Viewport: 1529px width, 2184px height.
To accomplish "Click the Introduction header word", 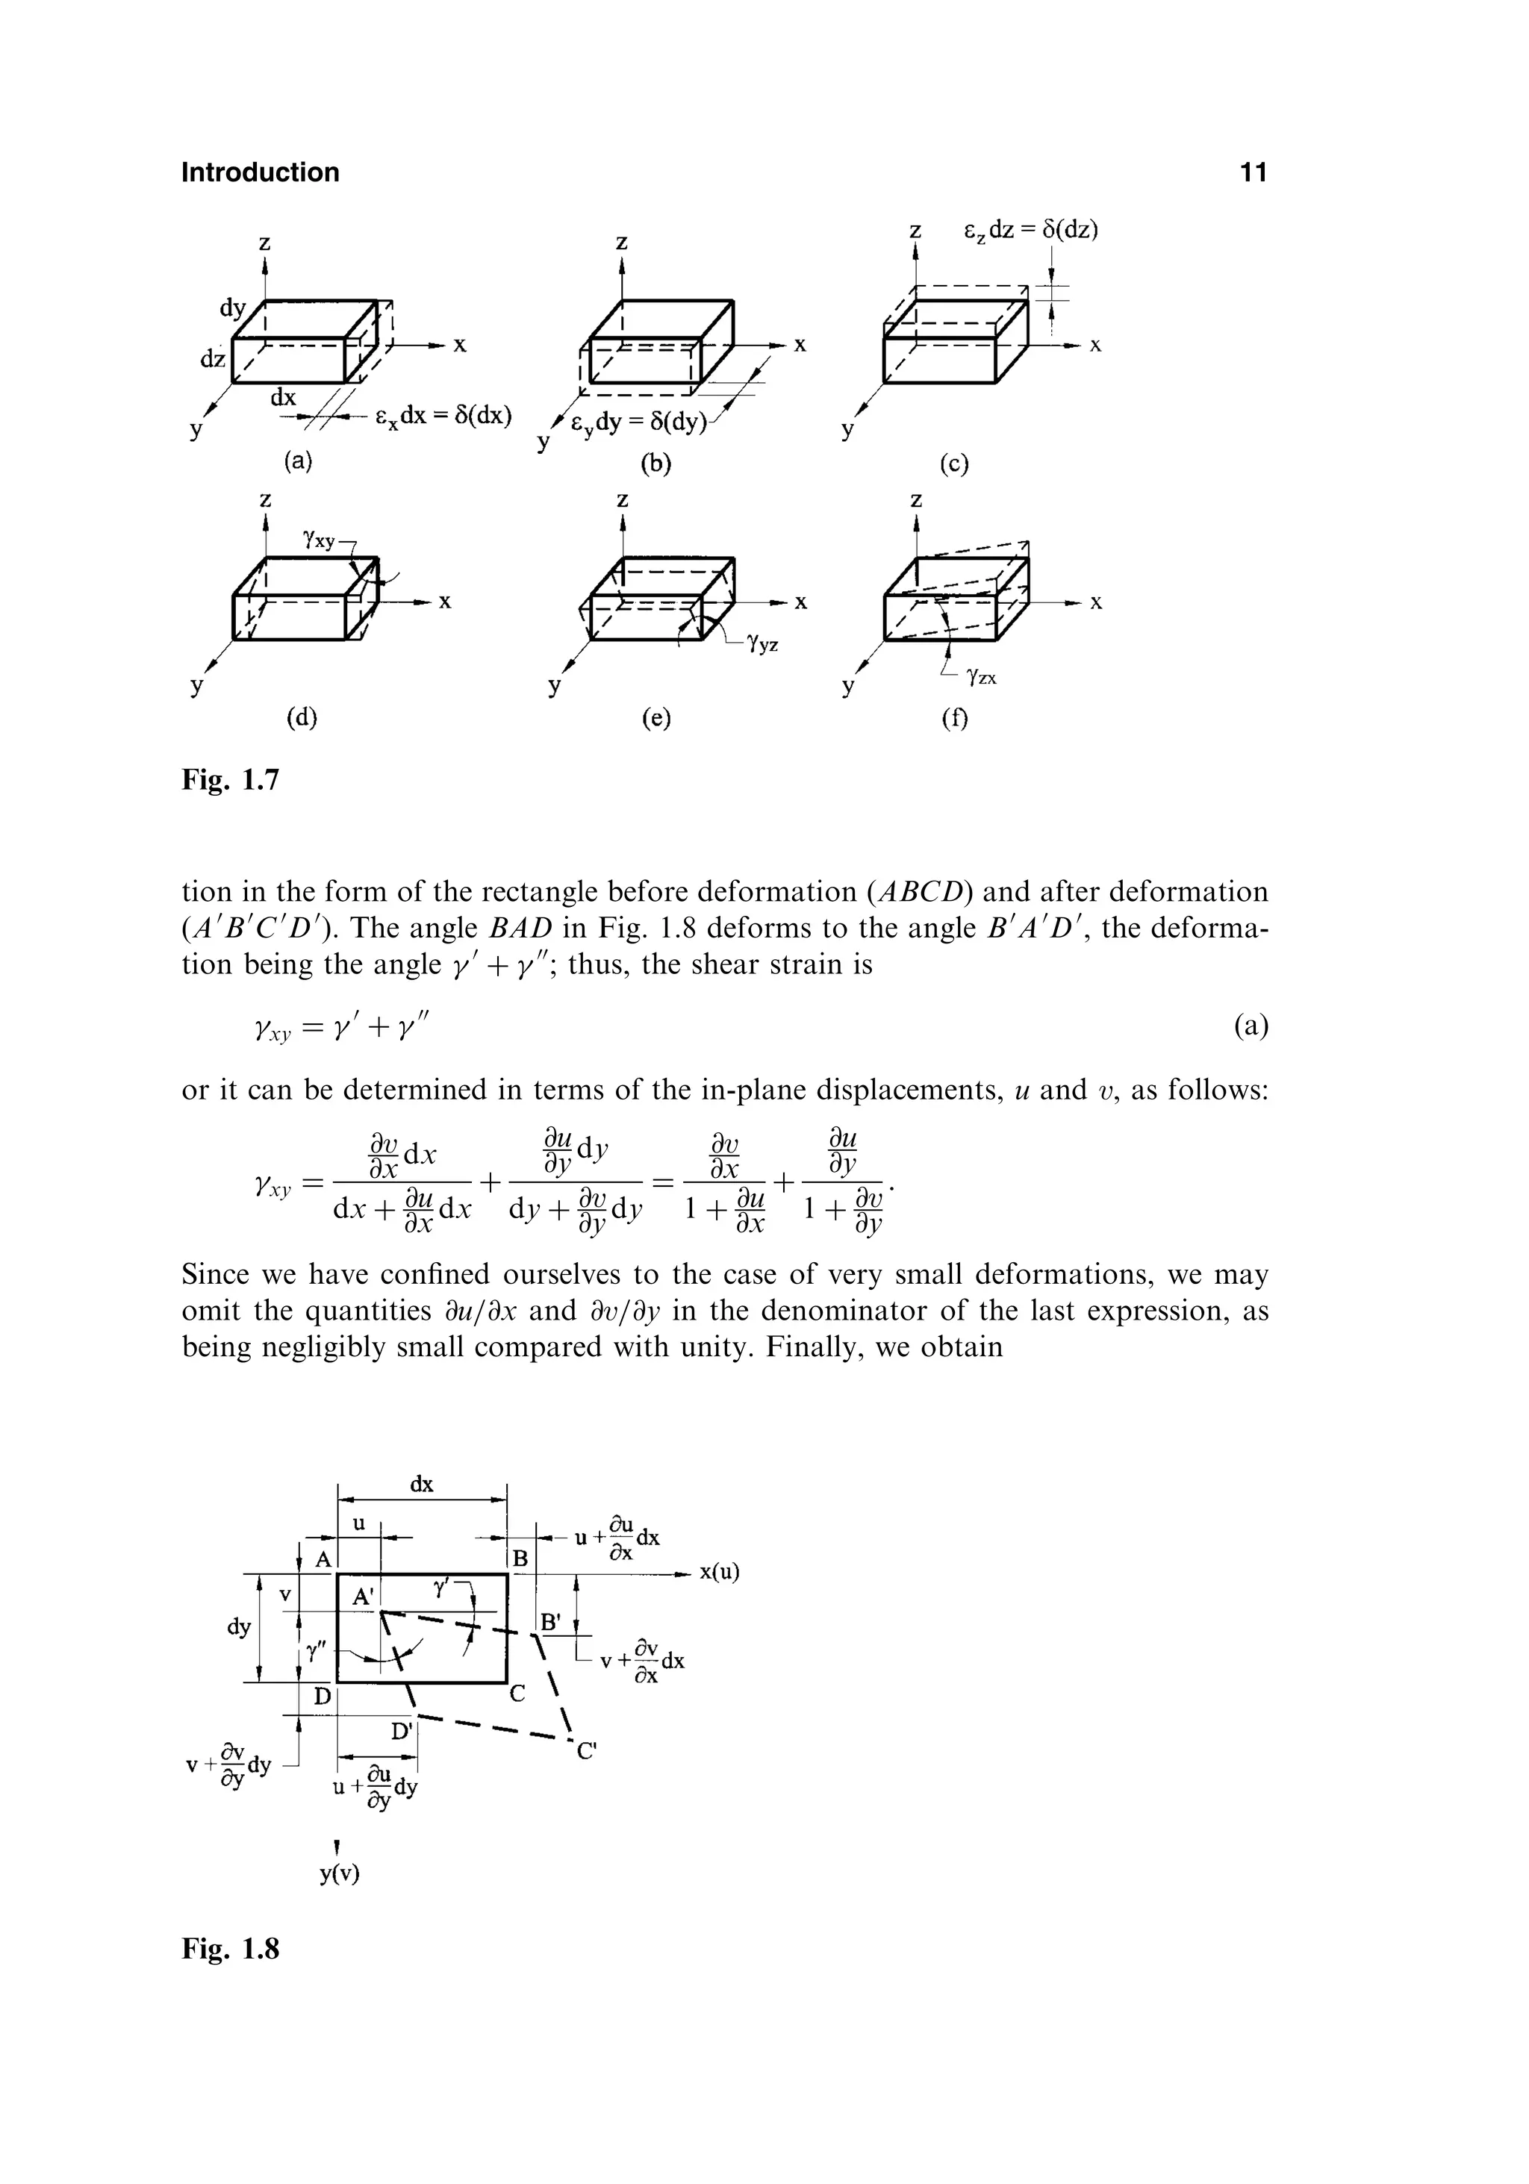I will (260, 172).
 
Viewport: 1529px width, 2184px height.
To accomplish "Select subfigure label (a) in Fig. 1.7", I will (298, 461).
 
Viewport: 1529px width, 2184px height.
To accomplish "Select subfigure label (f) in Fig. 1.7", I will (953, 719).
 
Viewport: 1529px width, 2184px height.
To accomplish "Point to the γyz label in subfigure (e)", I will (763, 645).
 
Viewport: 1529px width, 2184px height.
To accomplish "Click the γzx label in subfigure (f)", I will (981, 677).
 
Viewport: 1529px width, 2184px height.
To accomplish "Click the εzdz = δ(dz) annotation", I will (1031, 230).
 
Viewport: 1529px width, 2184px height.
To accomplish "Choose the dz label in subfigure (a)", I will (212, 358).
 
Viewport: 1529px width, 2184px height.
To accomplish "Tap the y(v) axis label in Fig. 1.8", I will (340, 1874).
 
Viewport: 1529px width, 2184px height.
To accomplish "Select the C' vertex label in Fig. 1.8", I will (586, 1750).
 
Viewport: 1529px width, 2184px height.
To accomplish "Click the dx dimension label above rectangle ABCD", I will (422, 1484).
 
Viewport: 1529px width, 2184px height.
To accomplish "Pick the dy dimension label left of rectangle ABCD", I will (239, 1626).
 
